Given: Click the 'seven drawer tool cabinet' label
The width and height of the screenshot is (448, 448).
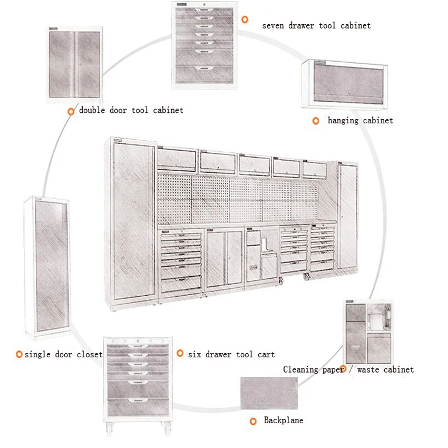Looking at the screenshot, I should pos(316,25).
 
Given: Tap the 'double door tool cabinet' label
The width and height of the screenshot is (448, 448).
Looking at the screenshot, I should pos(131,110).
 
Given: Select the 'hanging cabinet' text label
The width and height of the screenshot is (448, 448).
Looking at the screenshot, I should pos(361,121).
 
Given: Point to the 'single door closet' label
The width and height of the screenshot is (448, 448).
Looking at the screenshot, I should pos(64,354).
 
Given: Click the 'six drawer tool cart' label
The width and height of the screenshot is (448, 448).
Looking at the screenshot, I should pos(231,354).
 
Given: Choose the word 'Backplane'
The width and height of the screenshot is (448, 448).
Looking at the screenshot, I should pos(284,420).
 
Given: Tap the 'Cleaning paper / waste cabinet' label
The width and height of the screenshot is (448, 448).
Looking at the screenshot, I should pos(348,369).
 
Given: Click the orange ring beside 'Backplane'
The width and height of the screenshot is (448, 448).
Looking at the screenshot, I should pos(253,421).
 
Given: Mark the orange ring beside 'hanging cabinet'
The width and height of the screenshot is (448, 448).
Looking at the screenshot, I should pos(316,121).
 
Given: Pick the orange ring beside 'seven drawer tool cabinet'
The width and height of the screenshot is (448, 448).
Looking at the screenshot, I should pos(245,20).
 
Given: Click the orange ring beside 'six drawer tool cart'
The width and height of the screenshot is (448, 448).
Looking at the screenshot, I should pos(180,354).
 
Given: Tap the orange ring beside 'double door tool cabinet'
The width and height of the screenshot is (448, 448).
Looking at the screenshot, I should pos(71,111).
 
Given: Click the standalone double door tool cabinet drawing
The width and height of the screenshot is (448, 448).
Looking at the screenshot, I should pos(74,64).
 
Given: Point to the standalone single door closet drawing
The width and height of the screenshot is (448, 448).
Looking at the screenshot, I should pos(48,268).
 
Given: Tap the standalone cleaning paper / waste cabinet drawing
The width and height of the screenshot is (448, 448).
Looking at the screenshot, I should pos(368,332).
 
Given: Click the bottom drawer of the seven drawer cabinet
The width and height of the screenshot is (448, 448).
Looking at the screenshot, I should pos(203,73).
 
